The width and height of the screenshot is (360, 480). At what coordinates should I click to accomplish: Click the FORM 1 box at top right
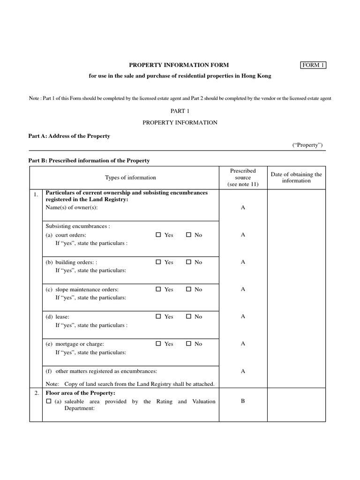pyautogui.click(x=313, y=65)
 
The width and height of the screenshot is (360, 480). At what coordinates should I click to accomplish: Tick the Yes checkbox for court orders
pyautogui.click(x=158, y=235)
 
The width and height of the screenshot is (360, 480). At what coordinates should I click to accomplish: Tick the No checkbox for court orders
pyautogui.click(x=188, y=235)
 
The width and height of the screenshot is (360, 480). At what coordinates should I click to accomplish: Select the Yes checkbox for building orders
pyautogui.click(x=158, y=262)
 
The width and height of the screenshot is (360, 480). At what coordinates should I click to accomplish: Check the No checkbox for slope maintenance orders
pyautogui.click(x=188, y=289)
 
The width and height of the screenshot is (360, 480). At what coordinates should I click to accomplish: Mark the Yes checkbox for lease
pyautogui.click(x=158, y=316)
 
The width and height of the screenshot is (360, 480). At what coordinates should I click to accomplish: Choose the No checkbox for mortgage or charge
pyautogui.click(x=188, y=344)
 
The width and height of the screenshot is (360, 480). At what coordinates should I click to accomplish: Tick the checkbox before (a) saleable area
pyautogui.click(x=49, y=401)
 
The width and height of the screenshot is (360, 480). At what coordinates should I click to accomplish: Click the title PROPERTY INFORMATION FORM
pyautogui.click(x=180, y=65)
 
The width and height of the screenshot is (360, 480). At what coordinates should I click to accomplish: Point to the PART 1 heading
pyautogui.click(x=180, y=111)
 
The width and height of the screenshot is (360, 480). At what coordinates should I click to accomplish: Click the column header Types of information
pyautogui.click(x=130, y=178)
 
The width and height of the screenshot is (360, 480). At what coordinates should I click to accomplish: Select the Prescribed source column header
pyautogui.click(x=243, y=178)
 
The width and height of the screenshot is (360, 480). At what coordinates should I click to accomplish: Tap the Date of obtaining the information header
pyautogui.click(x=296, y=178)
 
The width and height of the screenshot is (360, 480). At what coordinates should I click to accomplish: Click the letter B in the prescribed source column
pyautogui.click(x=243, y=401)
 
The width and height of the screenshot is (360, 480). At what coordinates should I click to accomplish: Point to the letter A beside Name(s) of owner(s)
pyautogui.click(x=243, y=207)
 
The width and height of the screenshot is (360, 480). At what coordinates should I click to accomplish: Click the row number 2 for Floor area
pyautogui.click(x=36, y=393)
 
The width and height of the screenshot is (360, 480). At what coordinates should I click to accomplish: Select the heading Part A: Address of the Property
pyautogui.click(x=69, y=136)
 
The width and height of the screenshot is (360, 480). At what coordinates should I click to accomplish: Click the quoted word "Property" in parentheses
pyautogui.click(x=307, y=145)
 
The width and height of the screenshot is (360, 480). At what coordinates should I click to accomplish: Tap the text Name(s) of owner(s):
pyautogui.click(x=69, y=207)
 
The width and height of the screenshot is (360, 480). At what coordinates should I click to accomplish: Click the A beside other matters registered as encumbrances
pyautogui.click(x=243, y=371)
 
